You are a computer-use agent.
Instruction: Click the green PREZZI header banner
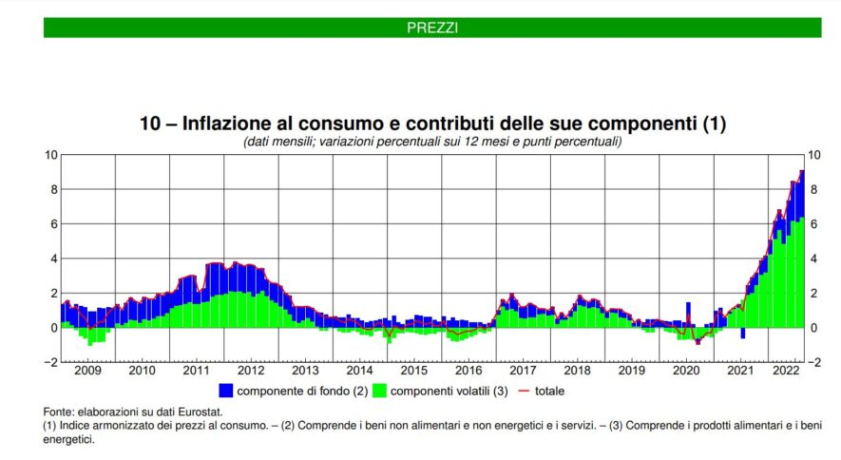click(x=432, y=28)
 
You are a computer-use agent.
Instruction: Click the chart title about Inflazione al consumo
click(x=432, y=124)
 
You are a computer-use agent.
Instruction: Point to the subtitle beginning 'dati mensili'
click(x=432, y=141)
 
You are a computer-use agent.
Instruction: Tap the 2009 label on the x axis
click(x=87, y=371)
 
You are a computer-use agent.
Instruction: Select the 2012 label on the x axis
click(x=250, y=371)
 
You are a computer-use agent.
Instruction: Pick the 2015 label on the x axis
click(x=413, y=371)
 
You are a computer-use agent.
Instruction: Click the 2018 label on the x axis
click(x=576, y=371)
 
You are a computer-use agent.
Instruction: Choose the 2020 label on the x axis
click(x=684, y=371)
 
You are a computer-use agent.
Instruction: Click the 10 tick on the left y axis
click(x=51, y=154)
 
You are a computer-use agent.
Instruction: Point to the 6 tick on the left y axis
click(x=54, y=224)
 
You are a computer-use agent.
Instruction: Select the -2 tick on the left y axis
click(x=52, y=362)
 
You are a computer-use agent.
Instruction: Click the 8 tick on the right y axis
click(x=812, y=189)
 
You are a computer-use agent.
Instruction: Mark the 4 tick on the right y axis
click(x=812, y=259)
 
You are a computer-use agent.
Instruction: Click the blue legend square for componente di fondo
click(x=225, y=390)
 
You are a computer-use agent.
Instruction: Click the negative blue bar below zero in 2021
click(x=742, y=333)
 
